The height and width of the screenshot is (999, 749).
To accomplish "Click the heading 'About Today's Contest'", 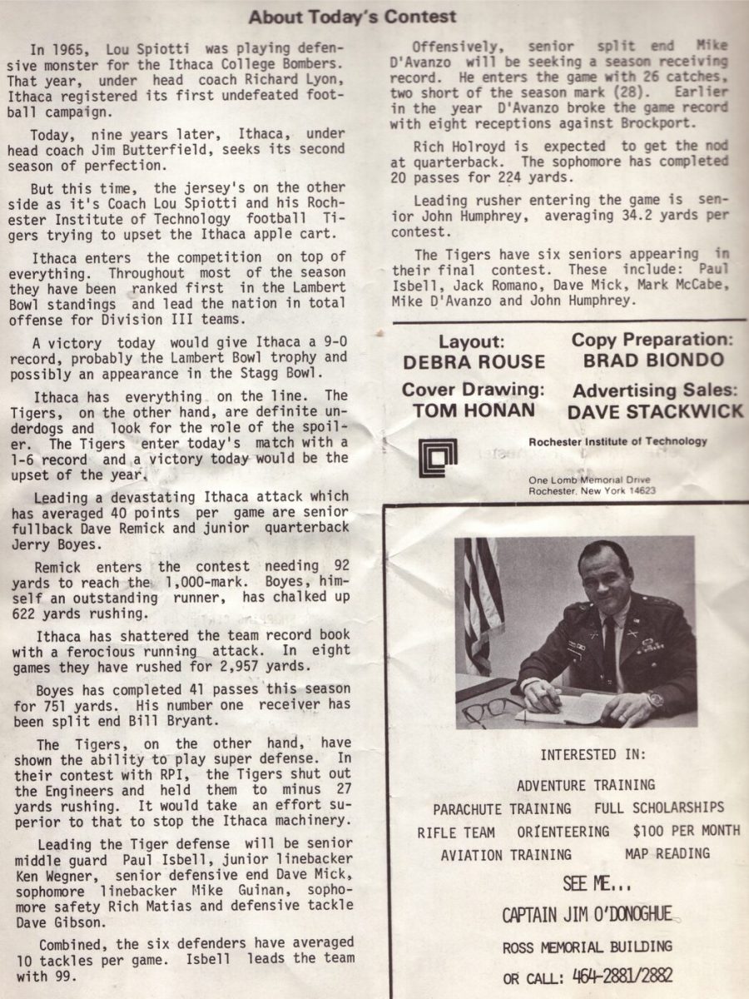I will [353, 17].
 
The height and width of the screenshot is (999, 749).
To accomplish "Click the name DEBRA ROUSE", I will [474, 361].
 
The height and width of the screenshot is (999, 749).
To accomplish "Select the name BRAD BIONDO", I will [652, 360].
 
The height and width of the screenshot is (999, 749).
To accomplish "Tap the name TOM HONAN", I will [474, 410].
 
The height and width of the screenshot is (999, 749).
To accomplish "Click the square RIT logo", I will [438, 457].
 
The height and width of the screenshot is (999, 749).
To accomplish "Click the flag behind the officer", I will [479, 599].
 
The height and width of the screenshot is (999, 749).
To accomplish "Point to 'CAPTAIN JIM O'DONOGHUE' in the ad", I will [587, 915].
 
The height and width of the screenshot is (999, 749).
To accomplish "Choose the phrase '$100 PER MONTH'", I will [686, 831].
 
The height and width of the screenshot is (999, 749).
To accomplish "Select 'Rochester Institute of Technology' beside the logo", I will [618, 442].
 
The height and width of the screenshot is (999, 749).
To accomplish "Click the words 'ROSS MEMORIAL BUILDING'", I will [587, 947].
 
